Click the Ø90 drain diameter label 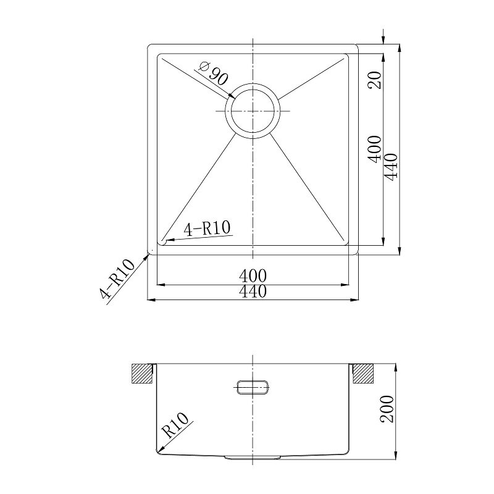213,74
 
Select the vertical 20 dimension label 375,80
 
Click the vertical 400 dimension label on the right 375,149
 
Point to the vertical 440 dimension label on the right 391,167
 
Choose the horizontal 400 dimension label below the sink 253,276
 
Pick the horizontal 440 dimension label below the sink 253,291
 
